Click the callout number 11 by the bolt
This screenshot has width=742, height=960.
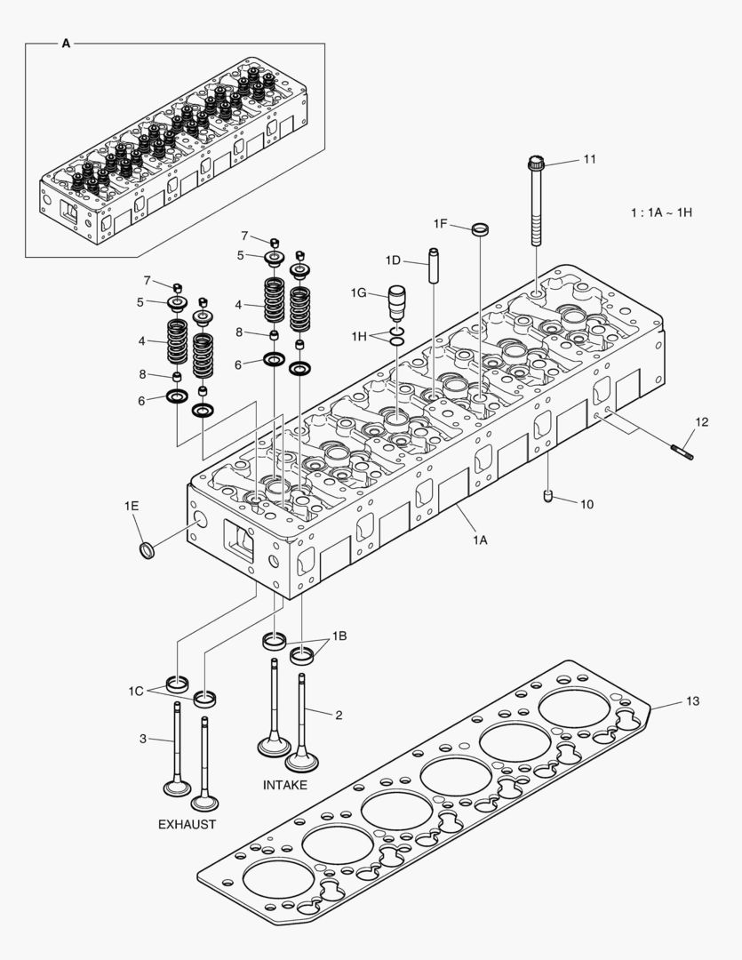tap(589, 159)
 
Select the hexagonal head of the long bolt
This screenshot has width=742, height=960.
tap(535, 163)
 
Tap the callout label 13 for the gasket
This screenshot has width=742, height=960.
tap(692, 701)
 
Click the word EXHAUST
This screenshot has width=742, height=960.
tap(187, 824)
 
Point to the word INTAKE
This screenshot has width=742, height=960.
tap(285, 785)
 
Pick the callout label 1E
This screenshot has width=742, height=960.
tap(132, 506)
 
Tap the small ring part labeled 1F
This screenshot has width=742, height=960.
tap(480, 230)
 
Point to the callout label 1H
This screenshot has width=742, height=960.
tap(358, 336)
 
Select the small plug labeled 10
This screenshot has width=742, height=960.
tap(549, 496)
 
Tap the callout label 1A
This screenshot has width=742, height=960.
tap(480, 539)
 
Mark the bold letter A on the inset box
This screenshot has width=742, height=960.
tap(66, 43)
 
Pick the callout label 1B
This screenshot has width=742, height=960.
tap(339, 636)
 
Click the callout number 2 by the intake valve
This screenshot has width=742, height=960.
tap(338, 714)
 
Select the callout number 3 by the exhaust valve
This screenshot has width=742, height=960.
tap(142, 738)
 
